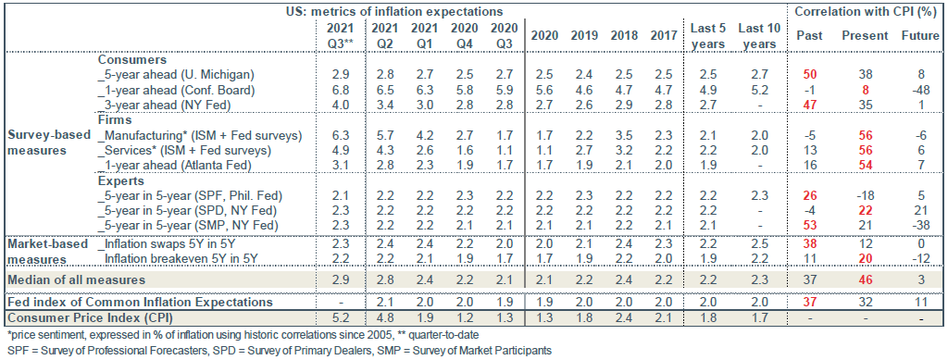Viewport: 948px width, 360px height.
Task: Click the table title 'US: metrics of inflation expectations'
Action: (394, 10)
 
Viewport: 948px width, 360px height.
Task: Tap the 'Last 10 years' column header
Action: (755, 35)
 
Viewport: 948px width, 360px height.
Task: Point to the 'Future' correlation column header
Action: (919, 35)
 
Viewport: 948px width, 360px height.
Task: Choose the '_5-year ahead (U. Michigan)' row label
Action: (175, 72)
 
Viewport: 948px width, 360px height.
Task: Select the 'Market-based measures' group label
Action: (45, 249)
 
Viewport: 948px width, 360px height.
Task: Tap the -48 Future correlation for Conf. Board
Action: (917, 90)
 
